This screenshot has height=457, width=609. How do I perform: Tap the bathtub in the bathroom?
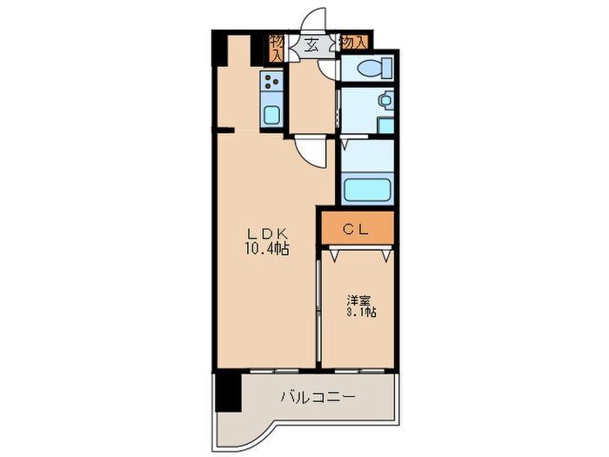pyautogui.click(x=367, y=189)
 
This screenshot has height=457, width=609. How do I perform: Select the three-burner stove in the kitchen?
pyautogui.click(x=271, y=84)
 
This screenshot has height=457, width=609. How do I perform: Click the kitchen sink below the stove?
pyautogui.click(x=271, y=115)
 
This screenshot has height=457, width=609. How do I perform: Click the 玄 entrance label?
pyautogui.click(x=311, y=45)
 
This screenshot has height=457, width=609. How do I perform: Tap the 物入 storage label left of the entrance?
pyautogui.click(x=276, y=47)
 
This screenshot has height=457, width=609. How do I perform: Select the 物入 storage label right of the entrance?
pyautogui.click(x=352, y=42)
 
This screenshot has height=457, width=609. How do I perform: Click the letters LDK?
pyautogui.click(x=266, y=232)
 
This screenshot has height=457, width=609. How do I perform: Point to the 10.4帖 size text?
pyautogui.click(x=266, y=248)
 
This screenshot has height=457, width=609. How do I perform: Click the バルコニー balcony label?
pyautogui.click(x=317, y=398)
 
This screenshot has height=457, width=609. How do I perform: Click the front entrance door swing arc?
pyautogui.click(x=318, y=22)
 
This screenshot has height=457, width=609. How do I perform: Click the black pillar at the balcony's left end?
pyautogui.click(x=226, y=392)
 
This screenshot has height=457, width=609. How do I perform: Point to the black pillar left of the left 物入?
pyautogui.click(x=258, y=49)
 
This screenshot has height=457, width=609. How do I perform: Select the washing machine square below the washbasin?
pyautogui.click(x=385, y=125)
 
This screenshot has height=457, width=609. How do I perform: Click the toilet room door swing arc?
pyautogui.click(x=327, y=70)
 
